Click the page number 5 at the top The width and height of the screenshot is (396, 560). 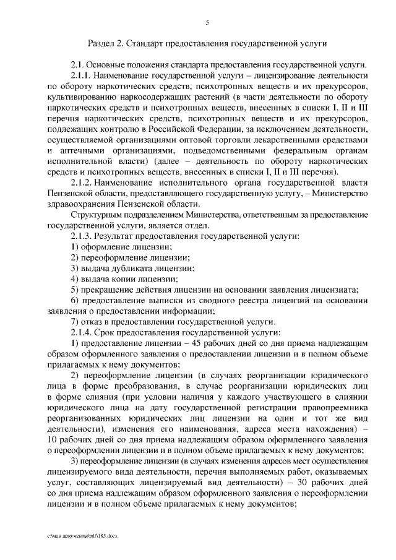[x=207, y=23]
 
